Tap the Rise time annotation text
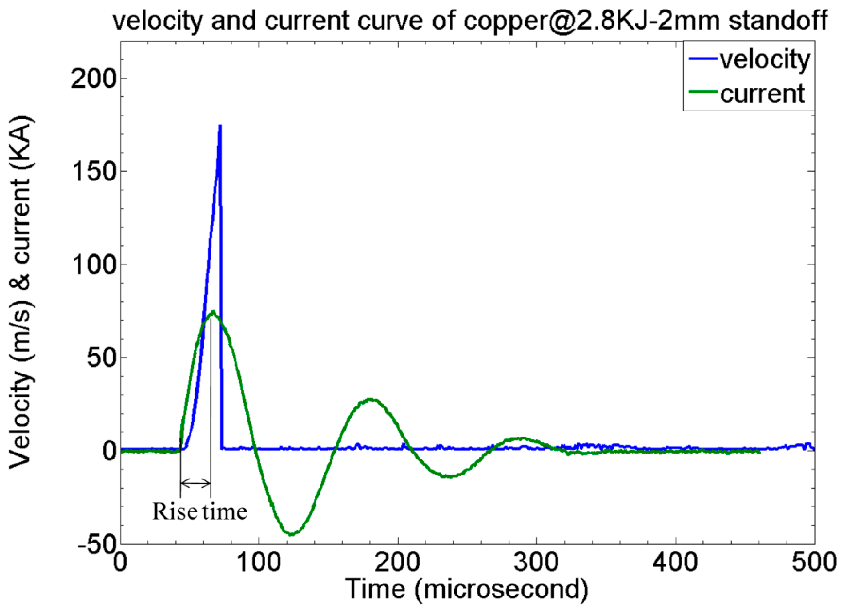tap(200, 512)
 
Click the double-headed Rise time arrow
tap(195, 483)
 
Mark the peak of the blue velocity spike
tap(220, 126)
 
